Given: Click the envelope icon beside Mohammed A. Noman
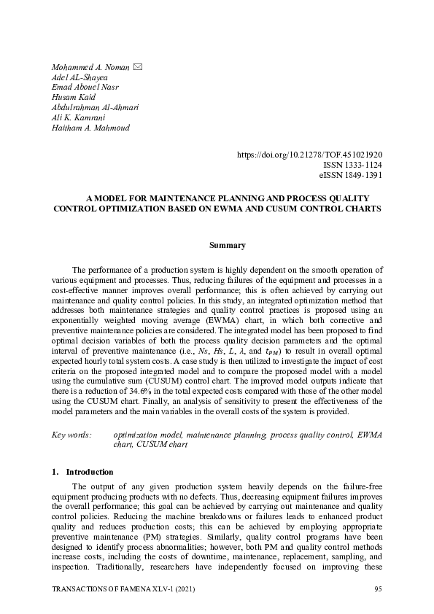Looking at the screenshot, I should pyautogui.click(x=137, y=68).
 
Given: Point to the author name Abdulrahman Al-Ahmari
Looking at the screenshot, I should pyautogui.click(x=96, y=107).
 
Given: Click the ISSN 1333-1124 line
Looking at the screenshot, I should pyautogui.click(x=352, y=166).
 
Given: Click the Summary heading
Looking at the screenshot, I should pyautogui.click(x=217, y=245).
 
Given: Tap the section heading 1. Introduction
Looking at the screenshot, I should pyautogui.click(x=82, y=472).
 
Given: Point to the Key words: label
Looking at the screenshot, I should pyautogui.click(x=71, y=435).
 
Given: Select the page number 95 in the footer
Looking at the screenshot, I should pyautogui.click(x=378, y=588).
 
